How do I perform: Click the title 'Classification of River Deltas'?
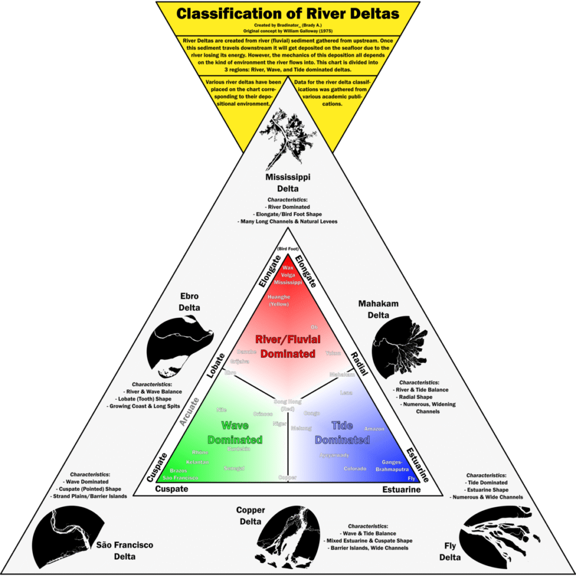tap(288, 13)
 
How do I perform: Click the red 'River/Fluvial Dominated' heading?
tap(288, 346)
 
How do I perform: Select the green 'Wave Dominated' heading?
tap(235, 432)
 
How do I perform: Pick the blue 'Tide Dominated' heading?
tap(342, 432)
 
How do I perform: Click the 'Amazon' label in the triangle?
tap(374, 429)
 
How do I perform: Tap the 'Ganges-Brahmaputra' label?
tap(396, 465)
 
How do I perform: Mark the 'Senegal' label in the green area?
tap(233, 468)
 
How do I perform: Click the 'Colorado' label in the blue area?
tap(355, 469)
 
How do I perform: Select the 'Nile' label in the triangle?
tap(221, 409)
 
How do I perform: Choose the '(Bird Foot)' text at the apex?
tap(288, 249)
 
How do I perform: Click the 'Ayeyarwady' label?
tap(334, 454)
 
